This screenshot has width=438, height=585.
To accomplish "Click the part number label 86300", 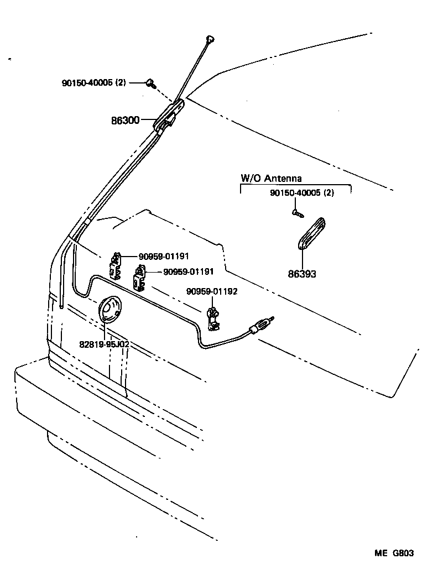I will click(x=125, y=119).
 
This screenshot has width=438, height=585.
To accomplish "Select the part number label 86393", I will click(x=302, y=274).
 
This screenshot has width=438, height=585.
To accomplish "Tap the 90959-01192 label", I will click(x=212, y=291).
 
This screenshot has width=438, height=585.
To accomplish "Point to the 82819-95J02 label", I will click(x=104, y=344).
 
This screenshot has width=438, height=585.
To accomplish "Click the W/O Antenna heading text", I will click(x=271, y=178).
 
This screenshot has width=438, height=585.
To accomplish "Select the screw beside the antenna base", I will click(x=150, y=83).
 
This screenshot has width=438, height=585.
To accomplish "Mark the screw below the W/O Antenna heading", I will click(x=296, y=211).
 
